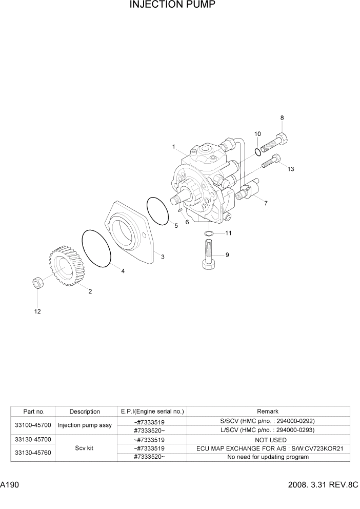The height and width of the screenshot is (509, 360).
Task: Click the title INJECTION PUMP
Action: tap(172, 6)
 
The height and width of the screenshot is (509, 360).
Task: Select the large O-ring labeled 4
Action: tap(97, 248)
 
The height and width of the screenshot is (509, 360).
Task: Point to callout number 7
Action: tap(266, 204)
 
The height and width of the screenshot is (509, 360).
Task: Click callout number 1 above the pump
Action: tap(174, 147)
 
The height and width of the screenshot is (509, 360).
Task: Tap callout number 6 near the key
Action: tap(187, 222)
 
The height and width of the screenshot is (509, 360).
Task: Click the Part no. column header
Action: tap(34, 412)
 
